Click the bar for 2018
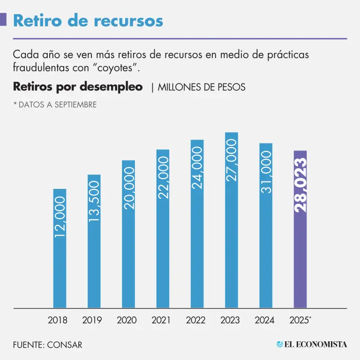[x=60, y=248]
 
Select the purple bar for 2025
[x=300, y=229]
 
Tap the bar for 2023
[x=232, y=220]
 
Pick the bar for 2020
[x=128, y=234]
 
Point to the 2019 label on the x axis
[x=92, y=321]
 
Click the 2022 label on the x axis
[x=195, y=321]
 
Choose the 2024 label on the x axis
[x=264, y=321]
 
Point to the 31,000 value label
[x=266, y=172]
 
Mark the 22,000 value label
[x=163, y=178]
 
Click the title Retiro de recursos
[x=88, y=21]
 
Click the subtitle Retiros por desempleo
[x=78, y=87]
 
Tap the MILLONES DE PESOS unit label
[x=202, y=88]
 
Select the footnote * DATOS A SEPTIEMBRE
[x=55, y=105]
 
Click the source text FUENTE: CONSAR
[x=47, y=345]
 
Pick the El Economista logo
[x=312, y=345]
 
